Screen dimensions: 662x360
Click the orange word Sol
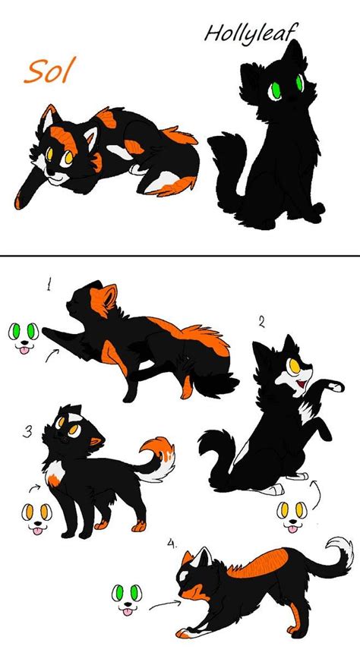point(49,71)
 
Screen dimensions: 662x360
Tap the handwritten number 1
point(49,286)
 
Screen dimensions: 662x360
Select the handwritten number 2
point(261,323)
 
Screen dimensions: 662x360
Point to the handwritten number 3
point(27,432)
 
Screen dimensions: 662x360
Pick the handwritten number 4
point(172,544)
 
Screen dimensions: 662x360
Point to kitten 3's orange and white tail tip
point(161,454)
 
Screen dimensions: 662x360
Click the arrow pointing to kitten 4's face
point(163,605)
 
